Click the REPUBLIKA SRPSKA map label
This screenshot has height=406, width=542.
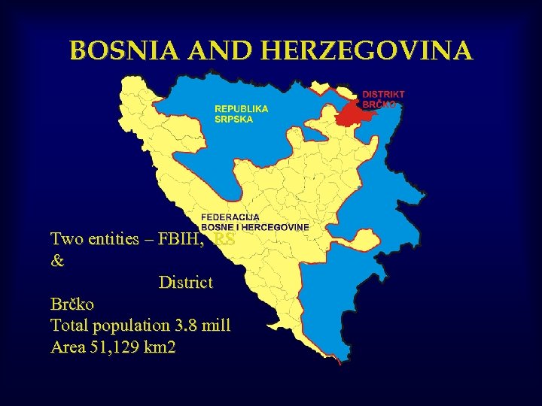241,114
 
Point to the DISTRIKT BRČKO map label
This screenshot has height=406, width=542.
382,99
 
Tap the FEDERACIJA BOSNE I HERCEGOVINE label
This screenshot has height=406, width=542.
254,222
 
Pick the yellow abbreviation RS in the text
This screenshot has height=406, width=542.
224,240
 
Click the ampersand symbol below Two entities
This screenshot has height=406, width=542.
57,262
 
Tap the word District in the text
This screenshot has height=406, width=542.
186,283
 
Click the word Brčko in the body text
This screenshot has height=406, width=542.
72,305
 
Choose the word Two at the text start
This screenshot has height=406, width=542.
65,240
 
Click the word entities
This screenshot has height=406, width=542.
114,240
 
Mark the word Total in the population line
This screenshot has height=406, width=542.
69,326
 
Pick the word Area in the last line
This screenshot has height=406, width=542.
66,347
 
